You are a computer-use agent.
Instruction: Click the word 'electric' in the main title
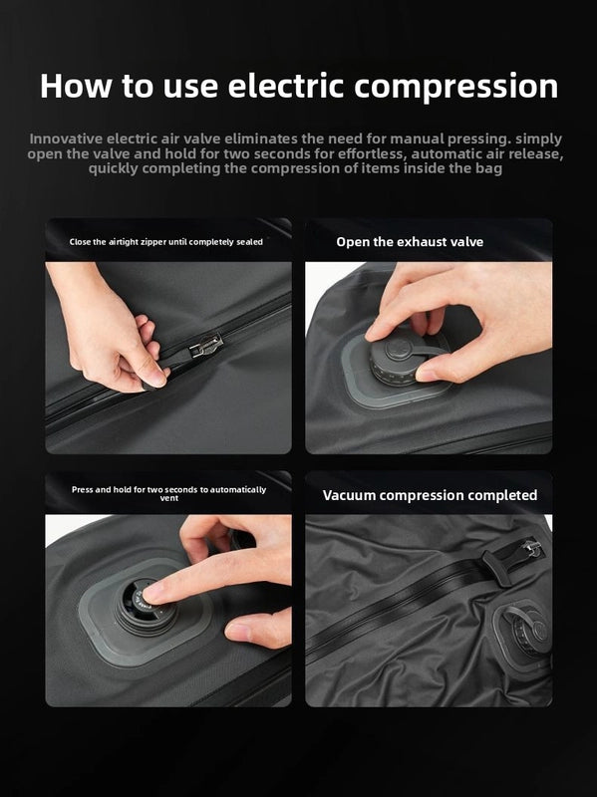click(x=286, y=86)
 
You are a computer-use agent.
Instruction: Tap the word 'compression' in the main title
click(x=456, y=87)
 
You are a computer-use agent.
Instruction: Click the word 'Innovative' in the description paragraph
click(x=66, y=138)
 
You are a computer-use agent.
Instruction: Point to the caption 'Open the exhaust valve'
click(x=410, y=242)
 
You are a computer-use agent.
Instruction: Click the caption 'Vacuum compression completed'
click(x=430, y=495)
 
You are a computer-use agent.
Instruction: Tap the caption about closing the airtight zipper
click(x=166, y=242)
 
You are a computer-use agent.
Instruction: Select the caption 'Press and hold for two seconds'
click(x=168, y=493)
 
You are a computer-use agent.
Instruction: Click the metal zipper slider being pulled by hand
click(x=206, y=345)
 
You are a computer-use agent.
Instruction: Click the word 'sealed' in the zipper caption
click(x=249, y=242)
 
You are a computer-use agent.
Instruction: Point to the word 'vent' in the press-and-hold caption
click(x=168, y=498)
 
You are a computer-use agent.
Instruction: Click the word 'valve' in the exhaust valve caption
click(x=466, y=242)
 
